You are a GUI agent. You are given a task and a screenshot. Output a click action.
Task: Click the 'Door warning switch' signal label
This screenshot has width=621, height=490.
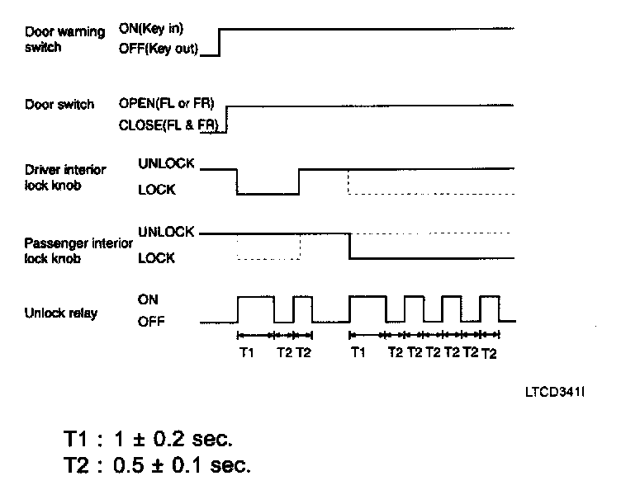(x=64, y=39)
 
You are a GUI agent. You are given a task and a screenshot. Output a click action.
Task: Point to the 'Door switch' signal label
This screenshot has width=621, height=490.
(x=59, y=105)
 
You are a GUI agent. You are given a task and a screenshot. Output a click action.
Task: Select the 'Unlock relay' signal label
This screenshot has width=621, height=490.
(x=61, y=313)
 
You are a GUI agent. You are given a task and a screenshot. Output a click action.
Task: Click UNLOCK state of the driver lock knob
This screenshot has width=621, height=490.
(x=166, y=164)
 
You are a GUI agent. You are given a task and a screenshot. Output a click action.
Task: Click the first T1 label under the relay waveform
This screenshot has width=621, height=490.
(x=246, y=353)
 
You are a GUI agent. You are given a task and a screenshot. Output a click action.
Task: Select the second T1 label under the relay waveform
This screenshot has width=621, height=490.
(x=357, y=353)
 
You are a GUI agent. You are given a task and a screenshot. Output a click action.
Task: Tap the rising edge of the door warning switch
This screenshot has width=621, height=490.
(x=220, y=41)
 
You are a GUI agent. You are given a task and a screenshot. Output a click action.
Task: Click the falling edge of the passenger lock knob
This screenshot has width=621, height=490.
(x=350, y=246)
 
